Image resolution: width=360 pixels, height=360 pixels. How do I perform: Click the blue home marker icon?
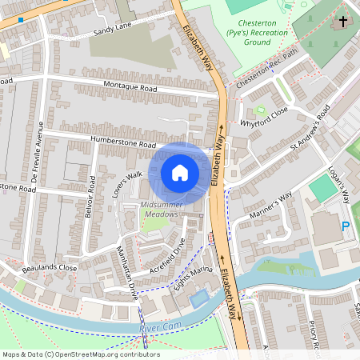click(x=180, y=173)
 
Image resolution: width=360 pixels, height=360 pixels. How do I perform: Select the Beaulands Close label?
click(x=50, y=267)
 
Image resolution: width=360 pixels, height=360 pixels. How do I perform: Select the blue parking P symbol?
click(x=346, y=226)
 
